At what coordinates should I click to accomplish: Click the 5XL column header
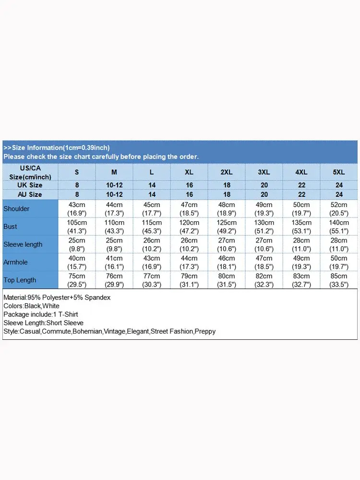(x=339, y=172)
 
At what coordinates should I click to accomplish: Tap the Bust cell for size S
(x=77, y=227)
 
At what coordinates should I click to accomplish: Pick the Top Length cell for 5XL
(x=339, y=280)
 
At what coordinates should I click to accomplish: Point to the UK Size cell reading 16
(x=189, y=185)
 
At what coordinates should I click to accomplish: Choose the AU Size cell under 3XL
(x=264, y=194)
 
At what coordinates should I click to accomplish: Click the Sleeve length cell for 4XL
(x=301, y=244)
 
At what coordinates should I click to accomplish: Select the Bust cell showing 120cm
(x=189, y=227)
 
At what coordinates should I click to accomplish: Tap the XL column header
(x=189, y=172)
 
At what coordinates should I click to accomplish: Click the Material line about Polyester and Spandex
(x=57, y=298)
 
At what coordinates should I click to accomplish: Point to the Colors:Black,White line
(x=31, y=306)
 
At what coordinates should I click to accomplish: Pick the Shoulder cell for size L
(x=152, y=209)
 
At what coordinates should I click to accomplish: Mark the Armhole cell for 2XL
(x=227, y=262)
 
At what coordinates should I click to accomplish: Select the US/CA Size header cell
(x=30, y=172)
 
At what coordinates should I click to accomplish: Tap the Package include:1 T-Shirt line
(x=40, y=314)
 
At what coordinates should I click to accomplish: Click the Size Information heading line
(x=57, y=148)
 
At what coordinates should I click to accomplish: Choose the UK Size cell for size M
(x=114, y=185)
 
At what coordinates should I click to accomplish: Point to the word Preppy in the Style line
(x=205, y=332)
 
